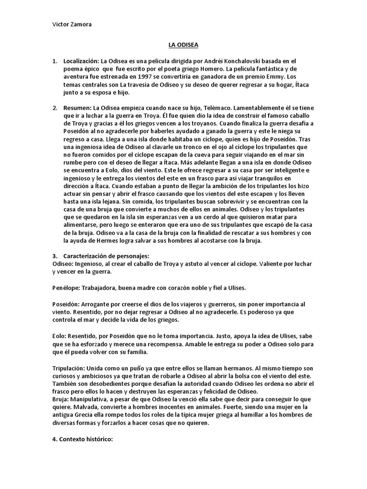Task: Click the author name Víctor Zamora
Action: coord(71,25)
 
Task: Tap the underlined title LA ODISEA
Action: coord(184,45)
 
